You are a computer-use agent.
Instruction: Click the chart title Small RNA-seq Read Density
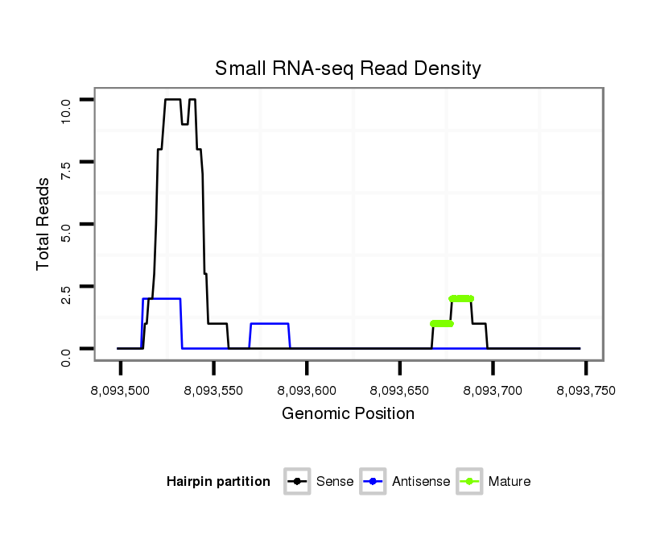coord(348,68)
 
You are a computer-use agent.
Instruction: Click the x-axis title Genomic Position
coord(348,414)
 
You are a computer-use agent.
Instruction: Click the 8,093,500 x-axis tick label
coord(120,390)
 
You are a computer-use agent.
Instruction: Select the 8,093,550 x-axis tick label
coord(213,390)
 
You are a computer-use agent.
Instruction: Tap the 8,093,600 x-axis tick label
coord(307,390)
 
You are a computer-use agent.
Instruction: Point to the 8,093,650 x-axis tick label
coord(400,390)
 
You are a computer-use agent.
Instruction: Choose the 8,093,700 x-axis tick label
coord(493,390)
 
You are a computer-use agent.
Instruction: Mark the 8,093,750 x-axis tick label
coord(586,390)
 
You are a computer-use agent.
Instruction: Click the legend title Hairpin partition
coord(218,482)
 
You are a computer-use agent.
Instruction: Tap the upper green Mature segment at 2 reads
coord(461,299)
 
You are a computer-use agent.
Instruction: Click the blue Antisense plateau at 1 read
coord(270,324)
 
